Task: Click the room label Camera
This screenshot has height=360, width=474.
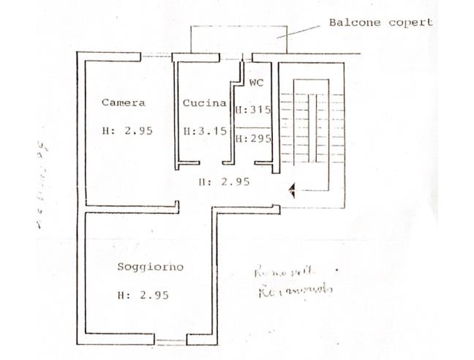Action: (x=123, y=102)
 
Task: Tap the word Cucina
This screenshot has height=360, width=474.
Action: (x=204, y=103)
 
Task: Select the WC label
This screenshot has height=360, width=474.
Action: (x=256, y=83)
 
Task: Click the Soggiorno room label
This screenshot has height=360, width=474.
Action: (x=150, y=266)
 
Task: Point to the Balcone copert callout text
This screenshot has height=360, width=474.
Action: (x=380, y=22)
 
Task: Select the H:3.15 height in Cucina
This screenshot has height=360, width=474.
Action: (x=204, y=132)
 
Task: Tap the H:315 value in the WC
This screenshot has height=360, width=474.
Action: (x=253, y=110)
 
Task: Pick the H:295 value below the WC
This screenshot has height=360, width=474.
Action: (x=253, y=138)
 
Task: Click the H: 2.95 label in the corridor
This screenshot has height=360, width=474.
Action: (x=224, y=181)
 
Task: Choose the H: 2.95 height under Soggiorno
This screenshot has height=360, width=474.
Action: (x=143, y=296)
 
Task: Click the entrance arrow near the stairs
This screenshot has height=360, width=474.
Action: (x=293, y=191)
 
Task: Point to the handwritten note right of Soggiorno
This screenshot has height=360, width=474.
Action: (x=293, y=281)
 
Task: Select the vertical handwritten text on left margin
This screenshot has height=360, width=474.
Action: (x=42, y=187)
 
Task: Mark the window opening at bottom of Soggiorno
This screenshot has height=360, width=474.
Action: (x=170, y=340)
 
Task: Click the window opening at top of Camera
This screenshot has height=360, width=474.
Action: (x=156, y=56)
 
